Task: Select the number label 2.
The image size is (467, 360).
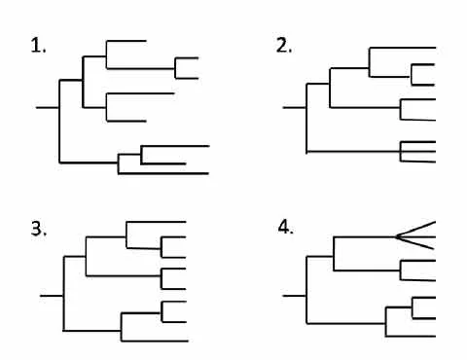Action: click(x=284, y=46)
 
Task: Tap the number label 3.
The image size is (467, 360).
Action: click(x=39, y=230)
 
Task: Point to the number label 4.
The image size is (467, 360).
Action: click(x=285, y=228)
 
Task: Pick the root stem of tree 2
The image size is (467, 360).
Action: click(x=294, y=107)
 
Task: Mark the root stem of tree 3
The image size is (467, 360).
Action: click(x=52, y=293)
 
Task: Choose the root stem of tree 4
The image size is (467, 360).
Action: click(x=294, y=293)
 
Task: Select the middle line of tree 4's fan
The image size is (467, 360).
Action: click(x=416, y=235)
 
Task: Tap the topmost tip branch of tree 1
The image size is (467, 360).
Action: click(x=126, y=41)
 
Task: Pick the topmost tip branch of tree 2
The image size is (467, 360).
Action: click(x=403, y=47)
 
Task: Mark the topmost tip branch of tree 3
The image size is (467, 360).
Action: click(x=156, y=222)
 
